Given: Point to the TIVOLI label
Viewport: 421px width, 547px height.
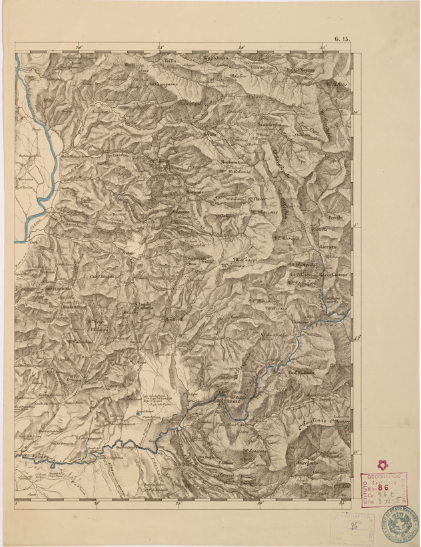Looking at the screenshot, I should tap(231, 403).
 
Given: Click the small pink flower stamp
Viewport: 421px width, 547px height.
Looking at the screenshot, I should tap(382, 464).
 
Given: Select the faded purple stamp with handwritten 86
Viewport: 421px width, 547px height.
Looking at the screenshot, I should tap(351, 527).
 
